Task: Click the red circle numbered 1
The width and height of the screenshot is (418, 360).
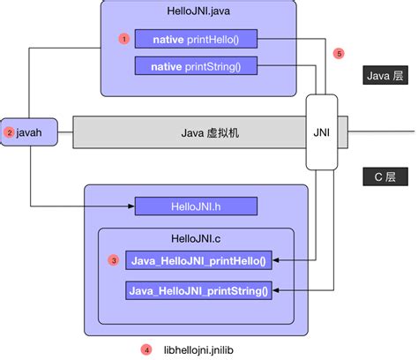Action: click(124, 39)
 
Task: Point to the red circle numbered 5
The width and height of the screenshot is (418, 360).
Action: click(340, 54)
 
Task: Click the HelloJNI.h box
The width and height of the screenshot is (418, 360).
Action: click(196, 206)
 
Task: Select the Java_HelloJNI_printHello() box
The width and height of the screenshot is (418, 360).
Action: click(199, 261)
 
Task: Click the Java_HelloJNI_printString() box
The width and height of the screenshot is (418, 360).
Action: click(198, 289)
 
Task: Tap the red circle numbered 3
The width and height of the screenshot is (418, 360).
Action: click(113, 261)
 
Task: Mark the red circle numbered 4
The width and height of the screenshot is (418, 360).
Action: click(146, 348)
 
